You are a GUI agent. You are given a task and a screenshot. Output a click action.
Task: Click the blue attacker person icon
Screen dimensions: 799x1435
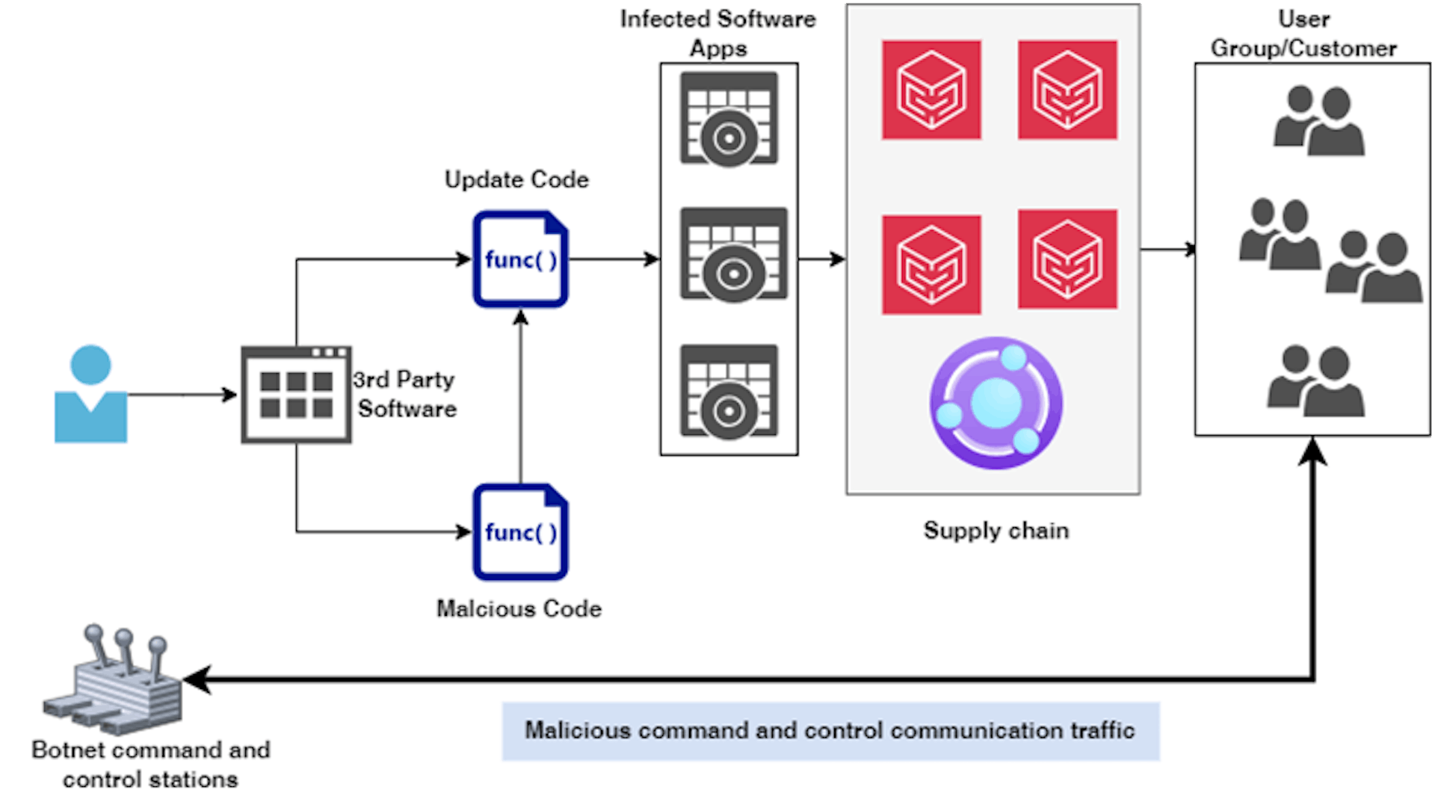pyautogui.click(x=90, y=394)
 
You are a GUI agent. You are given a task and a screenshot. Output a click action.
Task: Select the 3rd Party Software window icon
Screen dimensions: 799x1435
pyautogui.click(x=296, y=395)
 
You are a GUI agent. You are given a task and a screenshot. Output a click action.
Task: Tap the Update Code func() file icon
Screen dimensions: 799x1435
pyautogui.click(x=520, y=259)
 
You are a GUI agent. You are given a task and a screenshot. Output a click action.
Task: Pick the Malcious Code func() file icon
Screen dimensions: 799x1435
pyautogui.click(x=520, y=532)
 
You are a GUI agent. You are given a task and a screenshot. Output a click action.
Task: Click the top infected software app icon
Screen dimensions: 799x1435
pyautogui.click(x=729, y=120)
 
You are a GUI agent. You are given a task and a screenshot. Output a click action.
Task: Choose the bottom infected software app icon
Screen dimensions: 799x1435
pyautogui.click(x=729, y=392)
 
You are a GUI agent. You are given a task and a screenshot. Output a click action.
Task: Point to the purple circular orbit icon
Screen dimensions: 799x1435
pyautogui.click(x=996, y=404)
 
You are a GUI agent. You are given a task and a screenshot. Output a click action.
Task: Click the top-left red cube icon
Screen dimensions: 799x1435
pyautogui.click(x=931, y=90)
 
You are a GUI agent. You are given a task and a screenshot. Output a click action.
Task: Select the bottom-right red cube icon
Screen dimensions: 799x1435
pyautogui.click(x=1067, y=259)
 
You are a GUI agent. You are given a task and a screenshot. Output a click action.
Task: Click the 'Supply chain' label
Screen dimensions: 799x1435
pyautogui.click(x=996, y=531)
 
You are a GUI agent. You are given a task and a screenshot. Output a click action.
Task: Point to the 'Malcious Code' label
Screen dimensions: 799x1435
pyautogui.click(x=519, y=608)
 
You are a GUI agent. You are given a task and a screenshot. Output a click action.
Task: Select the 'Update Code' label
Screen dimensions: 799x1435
pyautogui.click(x=516, y=179)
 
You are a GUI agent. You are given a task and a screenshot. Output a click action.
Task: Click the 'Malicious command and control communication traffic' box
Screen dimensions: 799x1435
pyautogui.click(x=830, y=730)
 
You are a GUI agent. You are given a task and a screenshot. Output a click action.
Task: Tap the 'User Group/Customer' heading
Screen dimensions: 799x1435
pyautogui.click(x=1303, y=34)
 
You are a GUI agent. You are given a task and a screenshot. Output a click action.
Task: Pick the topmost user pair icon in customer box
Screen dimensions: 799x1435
pyautogui.click(x=1319, y=121)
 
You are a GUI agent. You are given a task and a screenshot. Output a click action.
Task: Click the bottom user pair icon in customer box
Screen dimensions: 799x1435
pyautogui.click(x=1315, y=381)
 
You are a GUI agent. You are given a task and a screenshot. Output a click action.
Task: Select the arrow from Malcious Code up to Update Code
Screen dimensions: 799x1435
pyautogui.click(x=521, y=396)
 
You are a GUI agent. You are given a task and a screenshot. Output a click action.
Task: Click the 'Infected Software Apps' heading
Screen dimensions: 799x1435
pyautogui.click(x=717, y=34)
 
